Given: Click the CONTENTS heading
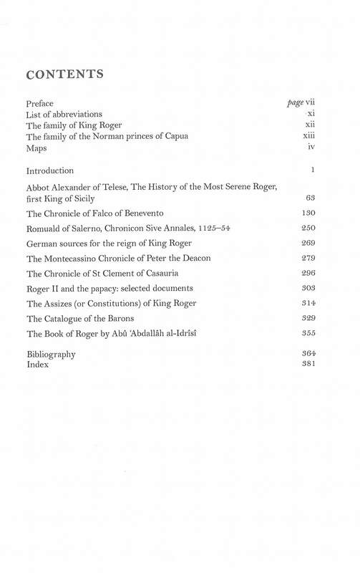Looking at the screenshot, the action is click(x=65, y=74).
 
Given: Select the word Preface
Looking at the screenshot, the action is click(x=39, y=104).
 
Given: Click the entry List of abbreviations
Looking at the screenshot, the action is click(x=64, y=115).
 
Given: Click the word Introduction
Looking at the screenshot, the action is click(x=50, y=171).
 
